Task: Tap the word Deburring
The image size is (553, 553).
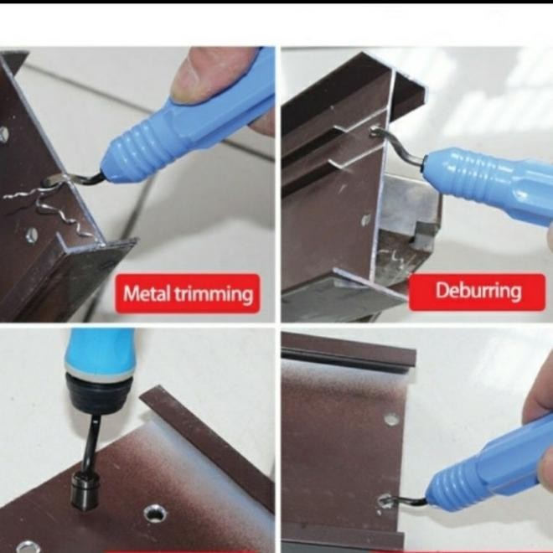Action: pyautogui.click(x=478, y=292)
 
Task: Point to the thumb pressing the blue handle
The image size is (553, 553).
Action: pyautogui.click(x=208, y=74)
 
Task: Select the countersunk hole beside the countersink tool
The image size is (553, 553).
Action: pyautogui.click(x=155, y=514)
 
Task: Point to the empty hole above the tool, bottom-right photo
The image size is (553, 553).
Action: pyautogui.click(x=391, y=420)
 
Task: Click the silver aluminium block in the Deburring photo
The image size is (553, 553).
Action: pyautogui.click(x=409, y=204)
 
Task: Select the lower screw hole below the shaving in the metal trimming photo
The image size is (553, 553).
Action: pyautogui.click(x=31, y=235)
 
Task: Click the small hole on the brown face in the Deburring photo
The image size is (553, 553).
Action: pyautogui.click(x=365, y=220)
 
